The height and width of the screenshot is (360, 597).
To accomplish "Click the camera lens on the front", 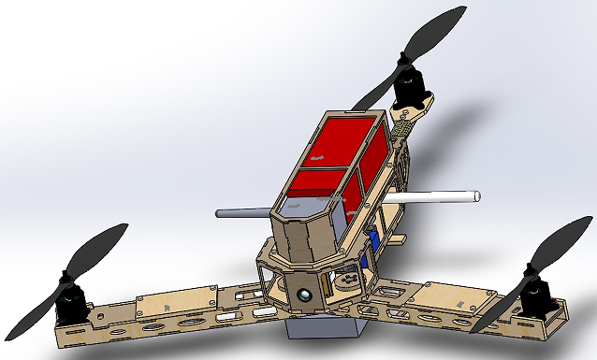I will pyautogui.click(x=305, y=295).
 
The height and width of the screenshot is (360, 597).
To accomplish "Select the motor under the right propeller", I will pyautogui.click(x=536, y=297).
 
